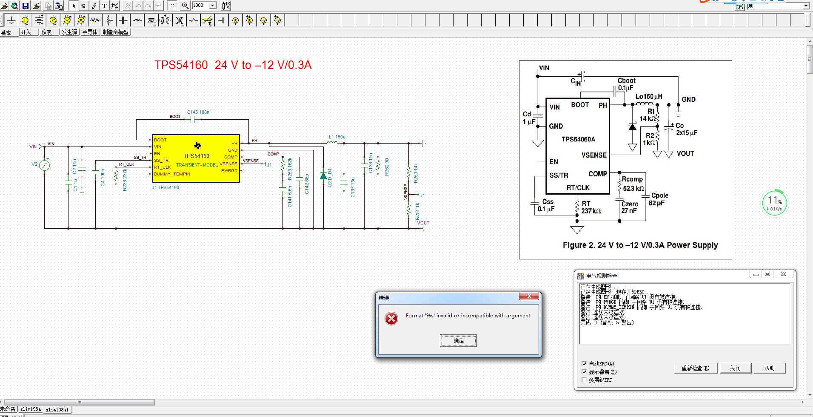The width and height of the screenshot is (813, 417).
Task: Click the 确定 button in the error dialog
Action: tap(458, 341)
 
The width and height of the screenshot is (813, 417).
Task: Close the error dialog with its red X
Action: tap(529, 296)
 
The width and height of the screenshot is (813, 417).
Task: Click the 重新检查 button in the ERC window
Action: tap(695, 368)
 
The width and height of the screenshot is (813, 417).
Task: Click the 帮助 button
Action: tap(769, 368)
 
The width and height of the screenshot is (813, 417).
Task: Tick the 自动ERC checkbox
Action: tap(584, 364)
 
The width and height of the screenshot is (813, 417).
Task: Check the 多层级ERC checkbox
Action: tap(584, 380)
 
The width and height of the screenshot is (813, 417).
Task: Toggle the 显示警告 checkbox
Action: tap(584, 372)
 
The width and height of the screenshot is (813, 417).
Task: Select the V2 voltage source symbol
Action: tap(45, 165)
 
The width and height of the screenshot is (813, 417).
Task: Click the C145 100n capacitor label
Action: tap(198, 112)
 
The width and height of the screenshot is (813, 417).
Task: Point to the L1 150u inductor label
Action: tap(337, 137)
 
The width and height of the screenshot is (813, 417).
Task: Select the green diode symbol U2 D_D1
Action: tap(323, 175)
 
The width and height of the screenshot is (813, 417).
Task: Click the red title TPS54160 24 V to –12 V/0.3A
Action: tap(233, 65)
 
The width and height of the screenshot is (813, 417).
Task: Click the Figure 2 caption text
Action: tap(640, 245)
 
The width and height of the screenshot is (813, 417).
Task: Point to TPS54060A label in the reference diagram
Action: tap(578, 139)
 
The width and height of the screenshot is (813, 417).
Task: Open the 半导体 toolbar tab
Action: tap(90, 32)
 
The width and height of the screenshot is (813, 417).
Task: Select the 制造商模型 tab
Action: tap(115, 32)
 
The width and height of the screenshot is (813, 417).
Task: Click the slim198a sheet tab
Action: tap(31, 409)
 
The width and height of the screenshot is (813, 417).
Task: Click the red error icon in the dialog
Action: tap(391, 319)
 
